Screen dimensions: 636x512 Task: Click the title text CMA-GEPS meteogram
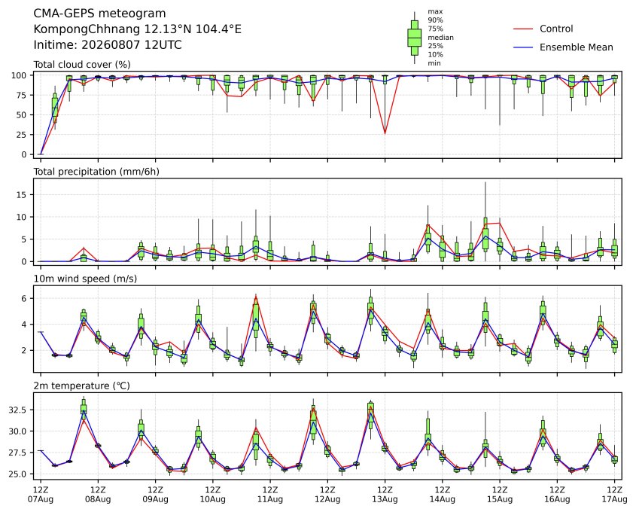[x=99, y=14]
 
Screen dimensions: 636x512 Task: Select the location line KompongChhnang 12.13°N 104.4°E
[x=137, y=29]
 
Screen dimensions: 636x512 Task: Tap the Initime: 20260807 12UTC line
[x=108, y=44]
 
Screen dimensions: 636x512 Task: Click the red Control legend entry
[x=543, y=29]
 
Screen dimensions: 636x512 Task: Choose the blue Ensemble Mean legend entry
[x=563, y=47]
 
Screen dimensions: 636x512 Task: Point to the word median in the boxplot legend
[x=440, y=38]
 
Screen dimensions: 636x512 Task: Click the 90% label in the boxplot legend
[x=435, y=20]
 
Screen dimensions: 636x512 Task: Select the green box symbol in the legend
[x=414, y=38]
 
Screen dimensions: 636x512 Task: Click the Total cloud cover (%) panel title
[x=82, y=65]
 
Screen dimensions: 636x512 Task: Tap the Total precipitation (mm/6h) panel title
[x=96, y=172]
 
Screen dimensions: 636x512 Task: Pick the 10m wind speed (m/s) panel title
[x=85, y=279]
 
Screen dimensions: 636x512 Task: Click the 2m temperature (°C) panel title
[x=81, y=386]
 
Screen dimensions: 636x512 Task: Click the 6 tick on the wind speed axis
[x=25, y=299]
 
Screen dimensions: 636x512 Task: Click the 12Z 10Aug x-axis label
[x=212, y=494]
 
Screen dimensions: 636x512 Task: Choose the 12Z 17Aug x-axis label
[x=614, y=494]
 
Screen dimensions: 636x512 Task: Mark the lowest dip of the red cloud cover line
[x=385, y=134]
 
